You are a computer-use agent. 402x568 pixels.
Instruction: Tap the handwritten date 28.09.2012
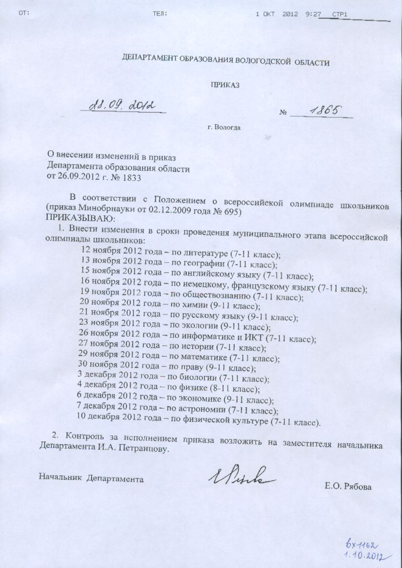[123, 105]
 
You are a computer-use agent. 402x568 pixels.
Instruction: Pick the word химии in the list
[193, 306]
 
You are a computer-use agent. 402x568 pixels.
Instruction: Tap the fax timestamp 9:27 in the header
[313, 13]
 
